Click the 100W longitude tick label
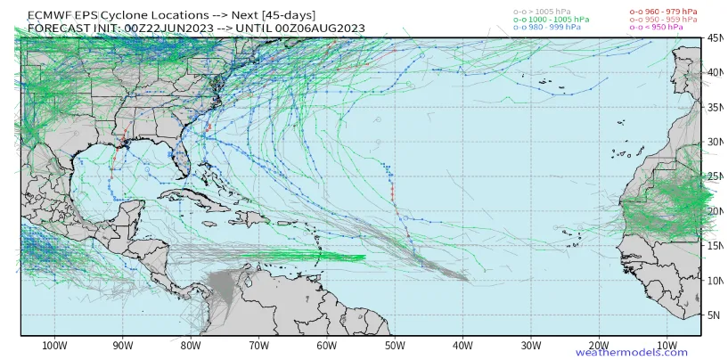pos(54,345)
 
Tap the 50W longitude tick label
pos(395,345)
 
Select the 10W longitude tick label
pos(667,345)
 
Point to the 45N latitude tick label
pos(715,38)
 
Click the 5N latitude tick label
pos(715,315)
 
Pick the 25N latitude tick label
pos(715,176)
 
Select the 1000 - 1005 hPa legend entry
pos(550,19)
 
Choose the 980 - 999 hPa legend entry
pos(545,28)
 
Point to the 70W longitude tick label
pos(258,345)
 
